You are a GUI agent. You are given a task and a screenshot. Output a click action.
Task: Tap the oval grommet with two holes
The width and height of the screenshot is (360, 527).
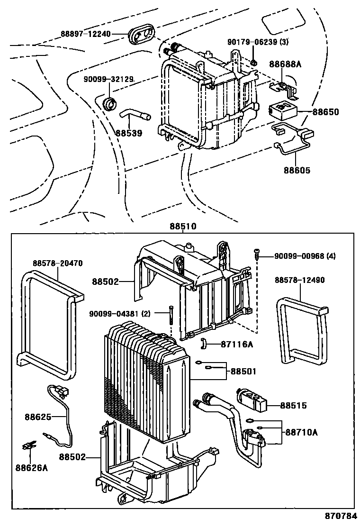pos(142,35)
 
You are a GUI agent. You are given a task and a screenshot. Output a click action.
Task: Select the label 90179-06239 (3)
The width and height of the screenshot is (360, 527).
pos(258,42)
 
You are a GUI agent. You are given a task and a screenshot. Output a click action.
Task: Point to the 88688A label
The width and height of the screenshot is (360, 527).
pos(285,64)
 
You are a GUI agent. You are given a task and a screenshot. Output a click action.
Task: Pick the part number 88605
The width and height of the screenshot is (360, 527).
pos(297,170)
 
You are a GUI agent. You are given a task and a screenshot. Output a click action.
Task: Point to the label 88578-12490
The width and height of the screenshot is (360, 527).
pos(299,280)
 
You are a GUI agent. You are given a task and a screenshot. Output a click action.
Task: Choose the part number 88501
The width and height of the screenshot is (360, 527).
pos(243,372)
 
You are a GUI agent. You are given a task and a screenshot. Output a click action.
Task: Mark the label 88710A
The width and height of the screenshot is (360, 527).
pos(301,432)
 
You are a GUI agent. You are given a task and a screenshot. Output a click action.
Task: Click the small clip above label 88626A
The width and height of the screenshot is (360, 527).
pos(30,446)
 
